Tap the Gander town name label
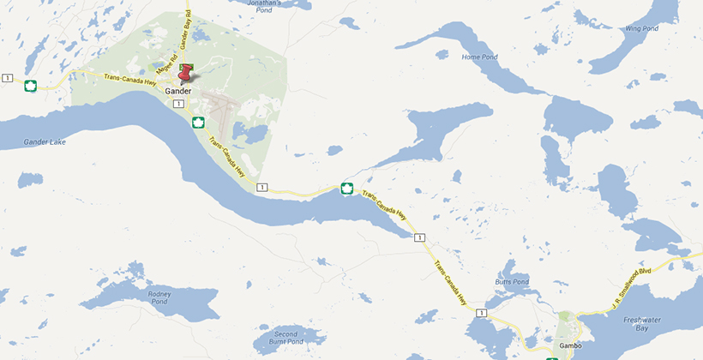(178, 90)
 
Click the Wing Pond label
(641, 28)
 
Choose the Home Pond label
(478, 57)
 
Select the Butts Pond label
(513, 281)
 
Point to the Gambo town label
(570, 345)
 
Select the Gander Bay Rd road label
(183, 33)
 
